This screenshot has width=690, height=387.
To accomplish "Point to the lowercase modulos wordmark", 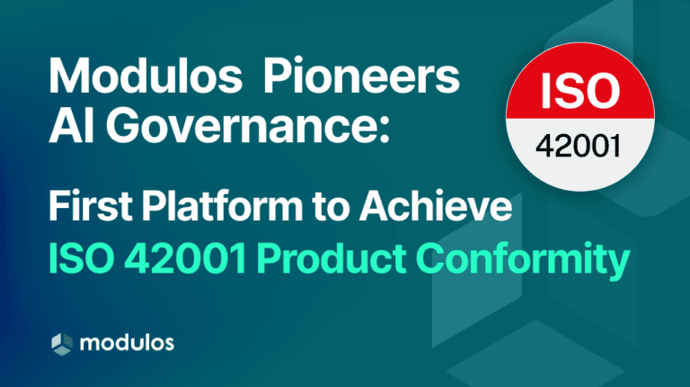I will coord(126,343).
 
